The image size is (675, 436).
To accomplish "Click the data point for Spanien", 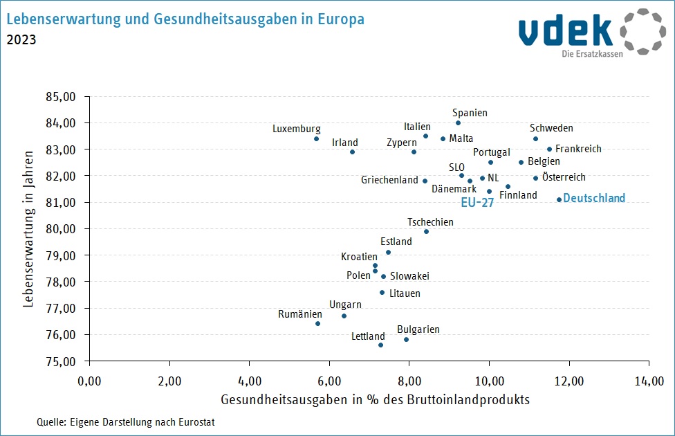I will [458, 123].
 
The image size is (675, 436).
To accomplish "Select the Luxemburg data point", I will [316, 138].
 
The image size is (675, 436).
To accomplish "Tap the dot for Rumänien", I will [317, 323].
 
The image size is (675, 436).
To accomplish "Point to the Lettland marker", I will [380, 345].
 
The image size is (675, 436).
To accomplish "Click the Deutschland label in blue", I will [594, 199].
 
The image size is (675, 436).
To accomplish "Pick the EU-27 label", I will [478, 203].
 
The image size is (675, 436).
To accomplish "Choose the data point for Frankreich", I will [549, 149].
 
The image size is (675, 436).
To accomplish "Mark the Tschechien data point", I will [426, 231].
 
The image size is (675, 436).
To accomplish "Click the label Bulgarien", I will [418, 330].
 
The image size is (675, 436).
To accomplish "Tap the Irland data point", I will [352, 152].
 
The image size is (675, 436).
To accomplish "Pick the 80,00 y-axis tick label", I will [68, 229].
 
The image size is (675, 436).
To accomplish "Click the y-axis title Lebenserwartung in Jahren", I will [28, 229].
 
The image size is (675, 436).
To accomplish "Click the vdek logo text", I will [565, 30].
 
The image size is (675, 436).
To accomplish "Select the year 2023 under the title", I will [21, 39].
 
